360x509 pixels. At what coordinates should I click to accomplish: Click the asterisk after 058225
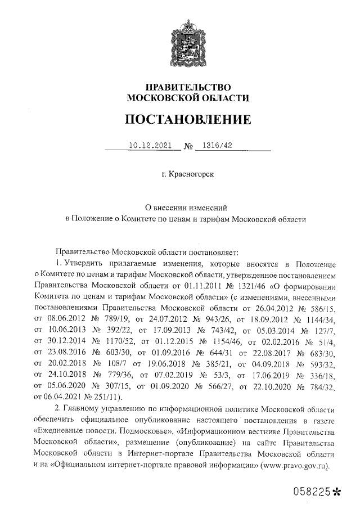pyautogui.click(x=337, y=492)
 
